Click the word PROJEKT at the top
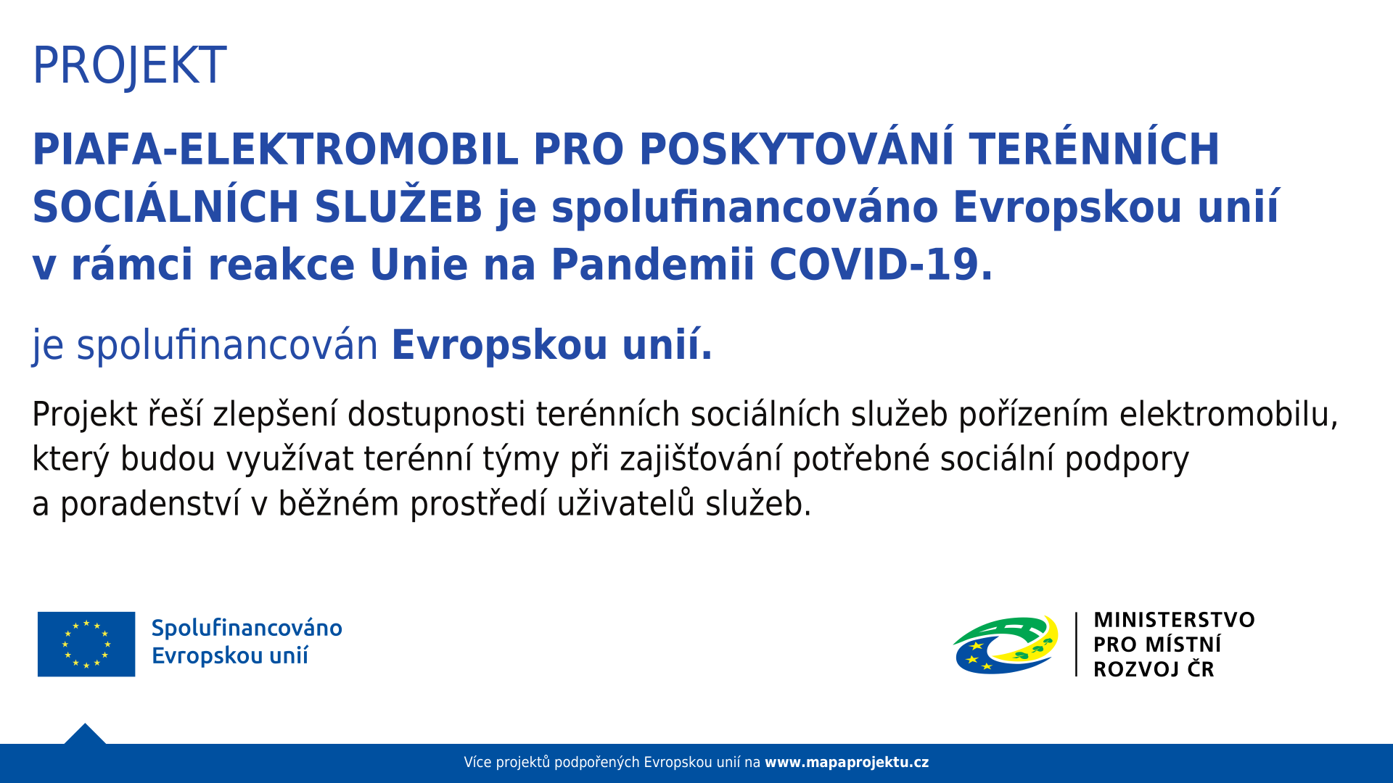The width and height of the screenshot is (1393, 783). click(130, 66)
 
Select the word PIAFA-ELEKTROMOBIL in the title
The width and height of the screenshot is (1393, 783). click(276, 149)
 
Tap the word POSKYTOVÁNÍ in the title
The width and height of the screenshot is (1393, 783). click(797, 149)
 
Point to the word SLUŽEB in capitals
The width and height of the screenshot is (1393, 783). click(398, 207)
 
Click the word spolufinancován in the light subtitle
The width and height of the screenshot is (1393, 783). click(227, 345)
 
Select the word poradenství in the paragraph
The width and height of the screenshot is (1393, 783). click(150, 504)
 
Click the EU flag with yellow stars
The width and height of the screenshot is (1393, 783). click(86, 644)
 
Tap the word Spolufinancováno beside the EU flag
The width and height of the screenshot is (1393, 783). click(247, 628)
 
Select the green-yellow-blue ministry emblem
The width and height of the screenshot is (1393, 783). click(1006, 645)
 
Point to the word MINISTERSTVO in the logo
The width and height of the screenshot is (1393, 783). click(1174, 620)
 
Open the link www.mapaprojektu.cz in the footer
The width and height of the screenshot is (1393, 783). click(847, 763)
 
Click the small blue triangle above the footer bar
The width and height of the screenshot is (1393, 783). click(85, 735)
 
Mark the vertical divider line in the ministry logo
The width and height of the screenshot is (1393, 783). click(1076, 645)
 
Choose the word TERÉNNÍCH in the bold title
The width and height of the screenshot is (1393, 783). click(1094, 149)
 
